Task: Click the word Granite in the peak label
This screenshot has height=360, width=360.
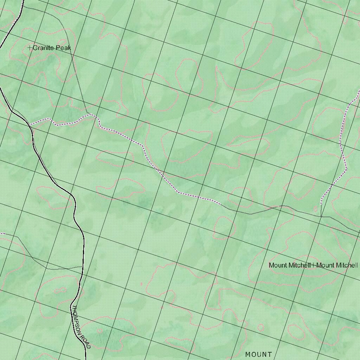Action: coord(44,48)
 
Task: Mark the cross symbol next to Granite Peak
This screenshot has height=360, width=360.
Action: coord(30,47)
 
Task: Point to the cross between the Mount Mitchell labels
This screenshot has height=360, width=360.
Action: coord(313,265)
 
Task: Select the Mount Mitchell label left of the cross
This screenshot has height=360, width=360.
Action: coord(289,265)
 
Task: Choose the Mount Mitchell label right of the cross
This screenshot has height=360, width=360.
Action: coord(337,265)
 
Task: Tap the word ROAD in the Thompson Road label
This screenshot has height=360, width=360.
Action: coord(85,341)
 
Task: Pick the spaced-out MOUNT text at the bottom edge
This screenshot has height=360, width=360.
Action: coord(259,354)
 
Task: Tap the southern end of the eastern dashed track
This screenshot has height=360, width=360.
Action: coord(321,204)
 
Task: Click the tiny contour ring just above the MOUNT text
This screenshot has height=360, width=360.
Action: coord(261,328)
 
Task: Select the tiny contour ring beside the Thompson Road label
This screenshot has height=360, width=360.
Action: coord(100,331)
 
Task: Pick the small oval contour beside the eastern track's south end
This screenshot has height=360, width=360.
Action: coord(315,209)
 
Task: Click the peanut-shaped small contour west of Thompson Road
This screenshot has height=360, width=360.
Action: coord(60,290)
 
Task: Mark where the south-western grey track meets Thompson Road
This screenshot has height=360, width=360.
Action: coord(83,267)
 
